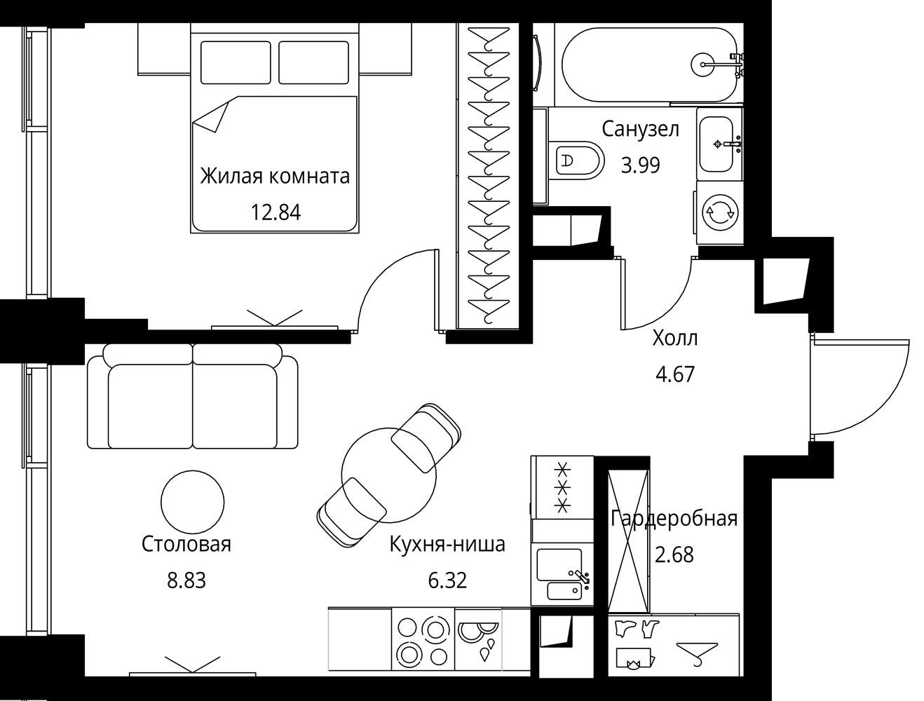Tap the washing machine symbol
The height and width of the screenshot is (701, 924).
click(719, 212)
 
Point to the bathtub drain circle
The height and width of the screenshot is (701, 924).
click(703, 64)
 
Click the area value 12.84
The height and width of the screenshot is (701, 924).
click(276, 212)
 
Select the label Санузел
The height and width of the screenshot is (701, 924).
click(640, 130)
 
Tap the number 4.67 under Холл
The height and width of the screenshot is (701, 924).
click(675, 374)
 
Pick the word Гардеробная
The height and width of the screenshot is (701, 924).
click(674, 518)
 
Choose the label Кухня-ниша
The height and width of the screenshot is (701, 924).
click(447, 545)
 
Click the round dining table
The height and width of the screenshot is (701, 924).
click(388, 475)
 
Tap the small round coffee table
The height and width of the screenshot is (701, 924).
click(193, 502)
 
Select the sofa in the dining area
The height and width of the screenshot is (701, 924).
click(192, 396)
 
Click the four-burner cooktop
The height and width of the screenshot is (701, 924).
click(423, 641)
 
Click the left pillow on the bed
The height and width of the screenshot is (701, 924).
click(236, 62)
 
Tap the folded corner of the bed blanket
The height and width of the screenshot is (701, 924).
click(210, 116)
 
